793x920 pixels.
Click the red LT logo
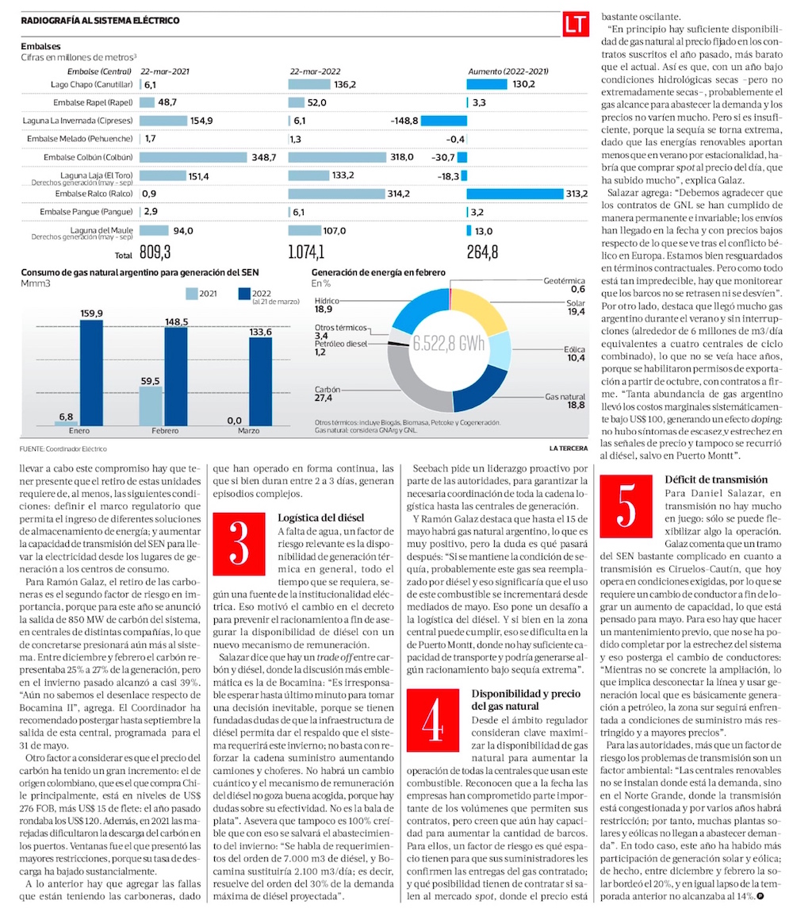pos(574,25)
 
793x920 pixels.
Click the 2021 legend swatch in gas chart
pos(191,294)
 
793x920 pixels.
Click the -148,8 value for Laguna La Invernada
pos(404,121)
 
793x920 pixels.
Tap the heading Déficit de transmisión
pos(716,479)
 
